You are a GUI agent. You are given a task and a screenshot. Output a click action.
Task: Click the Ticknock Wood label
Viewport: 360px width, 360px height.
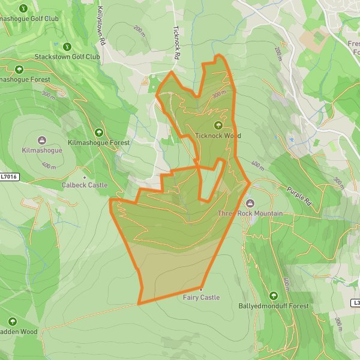(218, 136)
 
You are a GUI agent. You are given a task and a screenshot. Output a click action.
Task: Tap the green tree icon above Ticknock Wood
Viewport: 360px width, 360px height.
(218, 125)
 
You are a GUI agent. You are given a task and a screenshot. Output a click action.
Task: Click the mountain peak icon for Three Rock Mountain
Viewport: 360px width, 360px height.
(250, 203)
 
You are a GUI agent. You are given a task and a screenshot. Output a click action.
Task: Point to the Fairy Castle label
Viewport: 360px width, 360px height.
(202, 298)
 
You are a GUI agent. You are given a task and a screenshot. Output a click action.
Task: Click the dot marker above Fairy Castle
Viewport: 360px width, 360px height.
(202, 289)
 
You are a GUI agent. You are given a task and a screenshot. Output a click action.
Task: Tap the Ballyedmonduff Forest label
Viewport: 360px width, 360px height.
(274, 306)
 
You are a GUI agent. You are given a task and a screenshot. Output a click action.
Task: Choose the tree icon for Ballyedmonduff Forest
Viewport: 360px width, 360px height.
(274, 296)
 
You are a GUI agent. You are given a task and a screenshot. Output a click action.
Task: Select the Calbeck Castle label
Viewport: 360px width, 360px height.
(85, 185)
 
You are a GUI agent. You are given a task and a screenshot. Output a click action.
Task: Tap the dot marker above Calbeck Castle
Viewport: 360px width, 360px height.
(85, 178)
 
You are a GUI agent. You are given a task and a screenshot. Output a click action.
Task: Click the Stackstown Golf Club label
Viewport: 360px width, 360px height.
(67, 57)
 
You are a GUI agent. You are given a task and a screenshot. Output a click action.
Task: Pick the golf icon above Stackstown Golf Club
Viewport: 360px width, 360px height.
(67, 47)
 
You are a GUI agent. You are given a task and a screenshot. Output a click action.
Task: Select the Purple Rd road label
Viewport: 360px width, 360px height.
(300, 196)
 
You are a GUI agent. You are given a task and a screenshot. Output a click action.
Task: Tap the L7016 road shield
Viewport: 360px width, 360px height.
(8, 176)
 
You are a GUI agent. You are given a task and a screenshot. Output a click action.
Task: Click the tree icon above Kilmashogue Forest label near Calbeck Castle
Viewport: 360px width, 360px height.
(99, 133)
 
